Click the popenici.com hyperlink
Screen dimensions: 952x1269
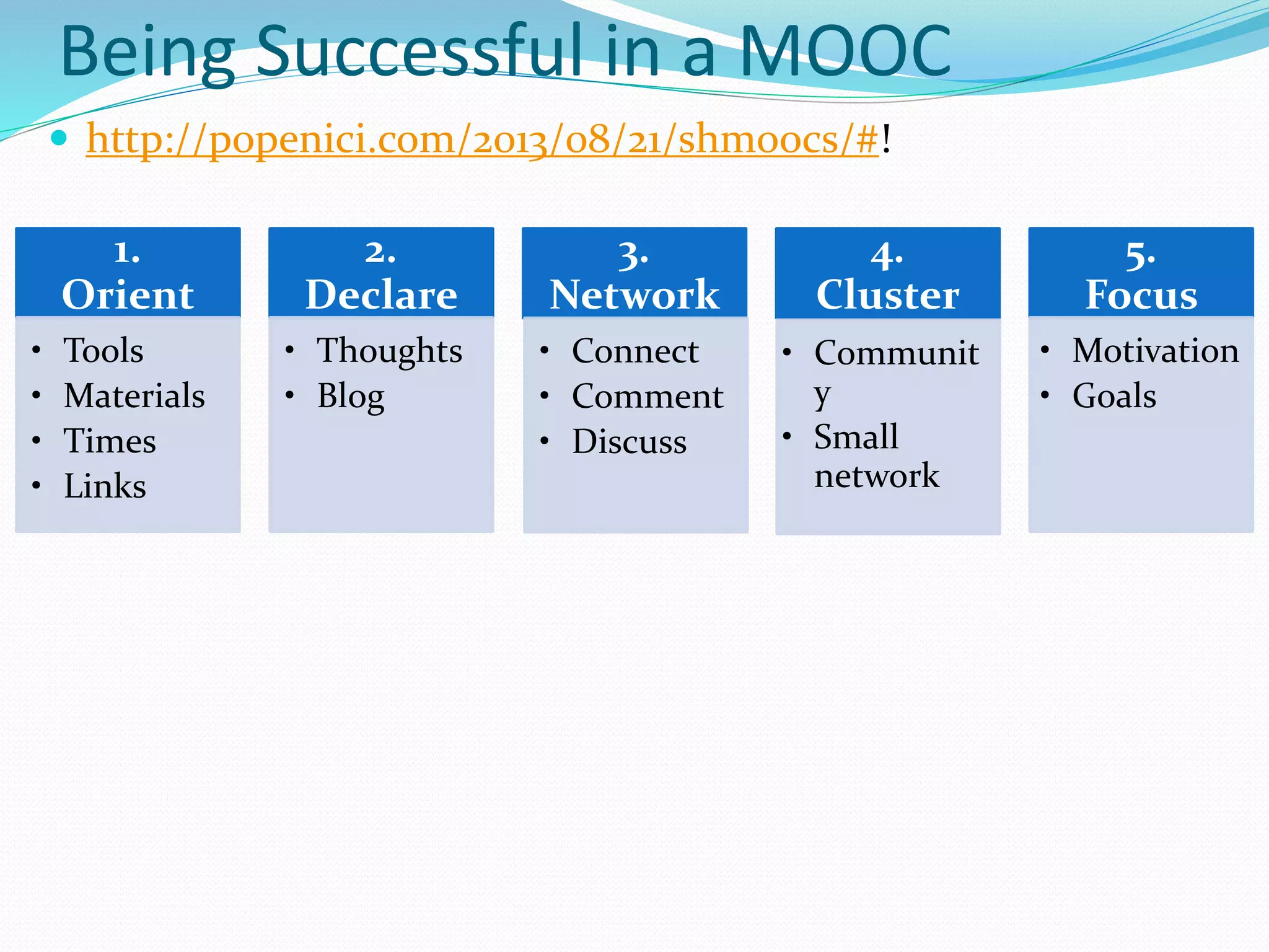click(x=482, y=139)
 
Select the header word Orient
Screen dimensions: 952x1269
click(x=128, y=294)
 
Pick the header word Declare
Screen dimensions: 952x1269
click(x=381, y=294)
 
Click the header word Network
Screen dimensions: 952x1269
click(x=634, y=294)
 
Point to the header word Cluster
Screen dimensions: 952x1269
click(x=887, y=294)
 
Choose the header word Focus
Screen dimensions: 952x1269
click(x=1141, y=294)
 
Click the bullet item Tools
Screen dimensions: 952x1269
click(x=103, y=350)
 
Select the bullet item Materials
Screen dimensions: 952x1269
click(x=134, y=395)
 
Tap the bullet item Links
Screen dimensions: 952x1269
click(x=105, y=486)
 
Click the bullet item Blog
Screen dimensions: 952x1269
click(x=351, y=397)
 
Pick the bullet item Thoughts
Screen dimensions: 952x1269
click(x=390, y=351)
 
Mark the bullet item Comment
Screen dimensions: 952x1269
click(x=648, y=396)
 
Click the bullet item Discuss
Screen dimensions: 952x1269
click(x=629, y=441)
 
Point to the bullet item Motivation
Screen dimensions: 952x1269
click(x=1156, y=350)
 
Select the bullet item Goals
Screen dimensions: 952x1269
click(x=1114, y=395)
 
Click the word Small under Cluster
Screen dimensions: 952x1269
click(x=856, y=436)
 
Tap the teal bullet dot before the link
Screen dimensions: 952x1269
click(x=59, y=138)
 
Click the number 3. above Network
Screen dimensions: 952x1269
click(x=633, y=255)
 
